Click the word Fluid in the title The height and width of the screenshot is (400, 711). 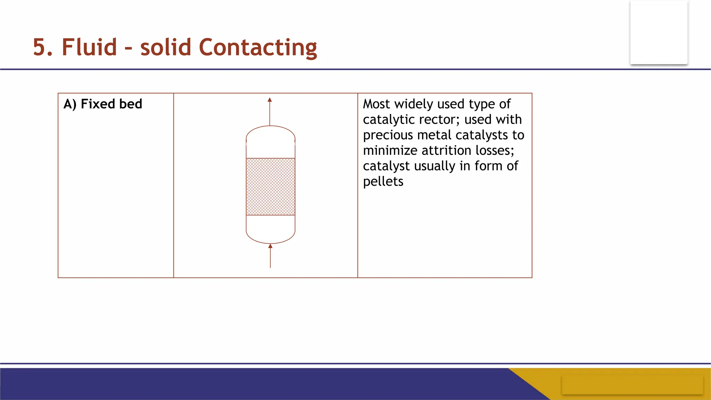click(x=89, y=47)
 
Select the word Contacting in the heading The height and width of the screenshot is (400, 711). click(x=258, y=48)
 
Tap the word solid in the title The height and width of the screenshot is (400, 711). click(x=166, y=47)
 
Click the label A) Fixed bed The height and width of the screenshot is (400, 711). click(x=103, y=104)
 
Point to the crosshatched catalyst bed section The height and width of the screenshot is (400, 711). click(x=270, y=187)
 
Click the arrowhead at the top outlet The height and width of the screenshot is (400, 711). click(x=270, y=100)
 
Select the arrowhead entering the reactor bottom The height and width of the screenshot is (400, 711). click(x=270, y=246)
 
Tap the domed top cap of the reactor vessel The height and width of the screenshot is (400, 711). click(x=270, y=134)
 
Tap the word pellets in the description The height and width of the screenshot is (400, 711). click(x=383, y=182)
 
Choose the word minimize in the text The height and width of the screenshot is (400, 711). click(x=390, y=151)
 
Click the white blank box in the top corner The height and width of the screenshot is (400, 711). click(x=659, y=33)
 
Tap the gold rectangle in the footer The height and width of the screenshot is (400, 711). click(x=632, y=384)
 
